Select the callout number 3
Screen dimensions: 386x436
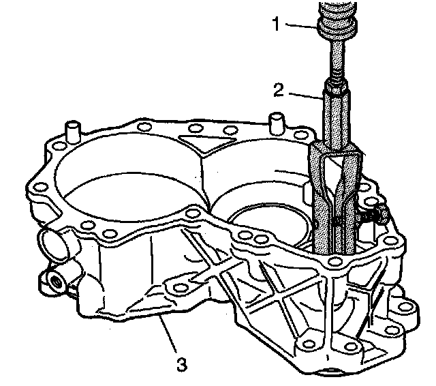click(181, 363)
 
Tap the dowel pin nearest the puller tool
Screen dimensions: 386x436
click(276, 122)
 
